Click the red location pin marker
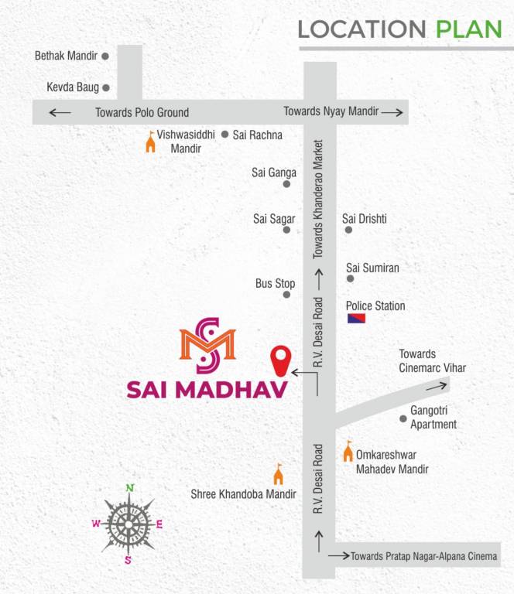click(280, 360)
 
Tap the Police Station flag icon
click(356, 319)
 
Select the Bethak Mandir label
click(66, 56)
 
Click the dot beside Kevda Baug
click(106, 88)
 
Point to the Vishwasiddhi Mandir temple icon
click(150, 142)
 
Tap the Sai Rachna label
click(258, 135)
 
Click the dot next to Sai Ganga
click(286, 184)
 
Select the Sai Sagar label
click(270, 219)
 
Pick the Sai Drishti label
click(365, 219)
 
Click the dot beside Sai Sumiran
click(350, 278)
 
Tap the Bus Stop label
click(275, 284)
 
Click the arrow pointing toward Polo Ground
click(60, 113)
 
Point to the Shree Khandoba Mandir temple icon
click(279, 473)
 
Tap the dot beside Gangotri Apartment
click(403, 419)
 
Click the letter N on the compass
click(130, 487)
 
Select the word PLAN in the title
click(469, 29)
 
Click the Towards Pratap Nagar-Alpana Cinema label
click(424, 556)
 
